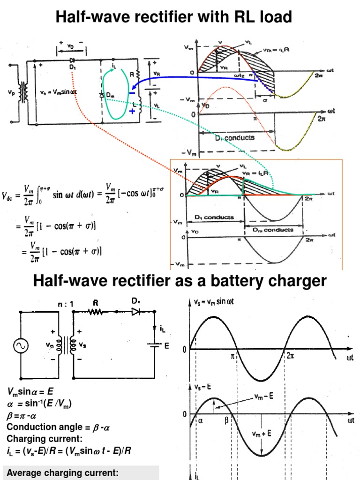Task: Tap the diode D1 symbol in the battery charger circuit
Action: click(136, 312)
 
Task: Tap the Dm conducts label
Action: click(273, 229)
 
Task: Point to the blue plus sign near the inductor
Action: click(133, 111)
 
